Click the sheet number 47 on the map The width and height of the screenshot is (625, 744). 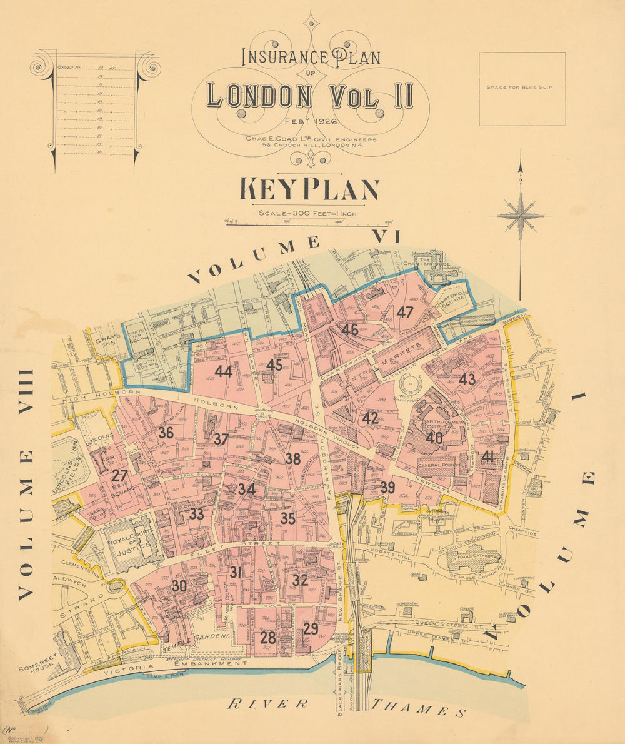point(405,312)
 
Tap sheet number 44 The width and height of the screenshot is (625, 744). point(223,371)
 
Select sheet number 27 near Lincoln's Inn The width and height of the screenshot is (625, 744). point(119,476)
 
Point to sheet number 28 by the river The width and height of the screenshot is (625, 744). point(267,638)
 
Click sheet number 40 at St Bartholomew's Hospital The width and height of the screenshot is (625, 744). point(434,438)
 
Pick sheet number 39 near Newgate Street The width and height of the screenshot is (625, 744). point(387,488)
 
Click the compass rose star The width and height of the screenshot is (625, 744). point(520,216)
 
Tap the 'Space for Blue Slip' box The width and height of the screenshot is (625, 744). point(522,88)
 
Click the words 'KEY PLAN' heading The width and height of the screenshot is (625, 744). point(309,190)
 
